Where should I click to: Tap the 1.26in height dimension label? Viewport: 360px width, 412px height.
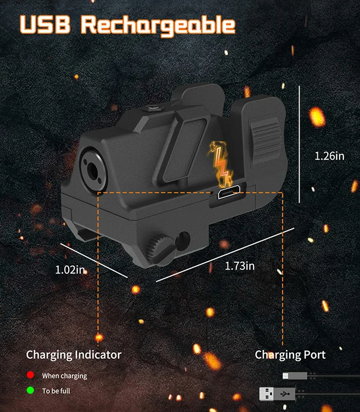(329, 156)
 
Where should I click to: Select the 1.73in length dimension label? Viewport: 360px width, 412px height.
(240, 266)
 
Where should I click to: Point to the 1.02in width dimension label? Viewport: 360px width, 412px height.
(70, 270)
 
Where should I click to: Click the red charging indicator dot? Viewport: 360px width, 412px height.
(30, 376)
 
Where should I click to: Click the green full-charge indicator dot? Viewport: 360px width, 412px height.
(30, 391)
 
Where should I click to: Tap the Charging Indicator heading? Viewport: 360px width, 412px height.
(74, 354)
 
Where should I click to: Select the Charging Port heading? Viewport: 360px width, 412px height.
(290, 354)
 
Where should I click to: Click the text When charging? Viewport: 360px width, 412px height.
(65, 376)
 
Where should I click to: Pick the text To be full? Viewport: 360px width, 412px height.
(56, 391)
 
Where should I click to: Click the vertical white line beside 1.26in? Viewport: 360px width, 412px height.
(300, 144)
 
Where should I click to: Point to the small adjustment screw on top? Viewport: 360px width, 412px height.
(153, 109)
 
